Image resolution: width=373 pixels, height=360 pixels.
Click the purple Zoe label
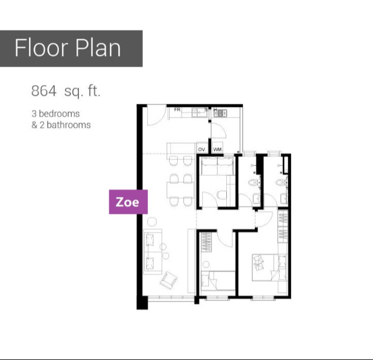(x=128, y=202)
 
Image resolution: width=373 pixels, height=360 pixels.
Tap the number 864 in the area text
(x=44, y=91)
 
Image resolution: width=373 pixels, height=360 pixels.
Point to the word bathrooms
(x=68, y=125)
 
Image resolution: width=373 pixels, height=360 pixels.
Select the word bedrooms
(x=59, y=114)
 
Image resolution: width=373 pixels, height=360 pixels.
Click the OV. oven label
(x=201, y=149)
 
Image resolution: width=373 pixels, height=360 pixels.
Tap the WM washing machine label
(x=218, y=149)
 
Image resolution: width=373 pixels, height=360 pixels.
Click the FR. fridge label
(x=177, y=109)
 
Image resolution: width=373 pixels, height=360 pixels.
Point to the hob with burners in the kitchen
(x=221, y=113)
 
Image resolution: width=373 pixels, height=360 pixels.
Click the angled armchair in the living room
(x=168, y=280)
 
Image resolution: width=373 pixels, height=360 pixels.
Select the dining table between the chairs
(x=180, y=190)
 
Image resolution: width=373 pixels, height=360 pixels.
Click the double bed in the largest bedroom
(x=270, y=267)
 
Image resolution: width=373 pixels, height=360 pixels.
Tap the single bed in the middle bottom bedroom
(x=218, y=281)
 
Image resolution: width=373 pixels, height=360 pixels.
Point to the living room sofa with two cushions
(x=153, y=252)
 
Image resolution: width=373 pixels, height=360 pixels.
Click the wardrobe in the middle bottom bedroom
(x=206, y=242)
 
